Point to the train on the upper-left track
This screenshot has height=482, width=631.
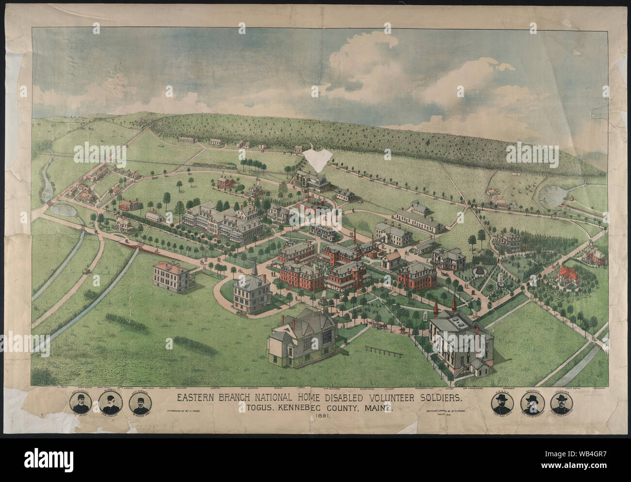point(214,166)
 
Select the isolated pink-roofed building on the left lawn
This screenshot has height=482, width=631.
point(170,277)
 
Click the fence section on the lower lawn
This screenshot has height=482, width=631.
point(381,349)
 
